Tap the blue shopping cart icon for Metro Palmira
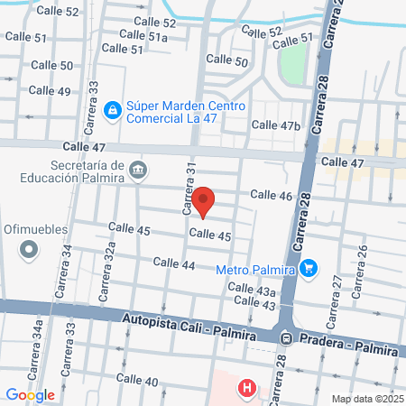(x=309, y=268)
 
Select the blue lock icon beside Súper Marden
(x=112, y=110)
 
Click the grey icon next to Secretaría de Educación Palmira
(x=137, y=169)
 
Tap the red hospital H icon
(x=245, y=389)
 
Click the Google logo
(x=30, y=394)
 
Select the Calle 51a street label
(x=144, y=37)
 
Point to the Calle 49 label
(x=49, y=90)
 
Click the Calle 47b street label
(x=275, y=125)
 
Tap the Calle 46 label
(x=271, y=195)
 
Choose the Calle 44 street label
(x=174, y=263)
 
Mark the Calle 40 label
(x=139, y=381)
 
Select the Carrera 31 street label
(x=189, y=190)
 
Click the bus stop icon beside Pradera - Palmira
(x=285, y=338)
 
